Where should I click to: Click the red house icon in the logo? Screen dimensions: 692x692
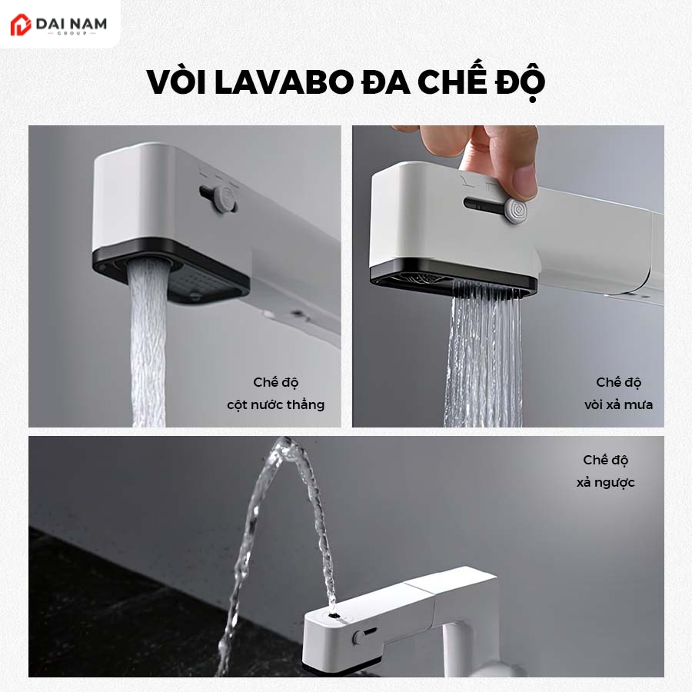coord(20,25)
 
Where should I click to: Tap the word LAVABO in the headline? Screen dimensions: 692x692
coord(284,82)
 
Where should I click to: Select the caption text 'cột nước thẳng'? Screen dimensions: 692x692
coord(276,404)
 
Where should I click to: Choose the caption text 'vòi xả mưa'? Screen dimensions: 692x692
coord(618,404)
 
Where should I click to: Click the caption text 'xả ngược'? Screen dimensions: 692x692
coord(606,482)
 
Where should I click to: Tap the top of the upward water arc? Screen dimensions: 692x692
coord(287,443)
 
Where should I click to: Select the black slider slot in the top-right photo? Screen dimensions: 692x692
coord(484,204)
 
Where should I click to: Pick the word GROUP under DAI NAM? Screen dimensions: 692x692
coord(72,34)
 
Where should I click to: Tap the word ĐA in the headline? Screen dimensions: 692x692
coord(385,82)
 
